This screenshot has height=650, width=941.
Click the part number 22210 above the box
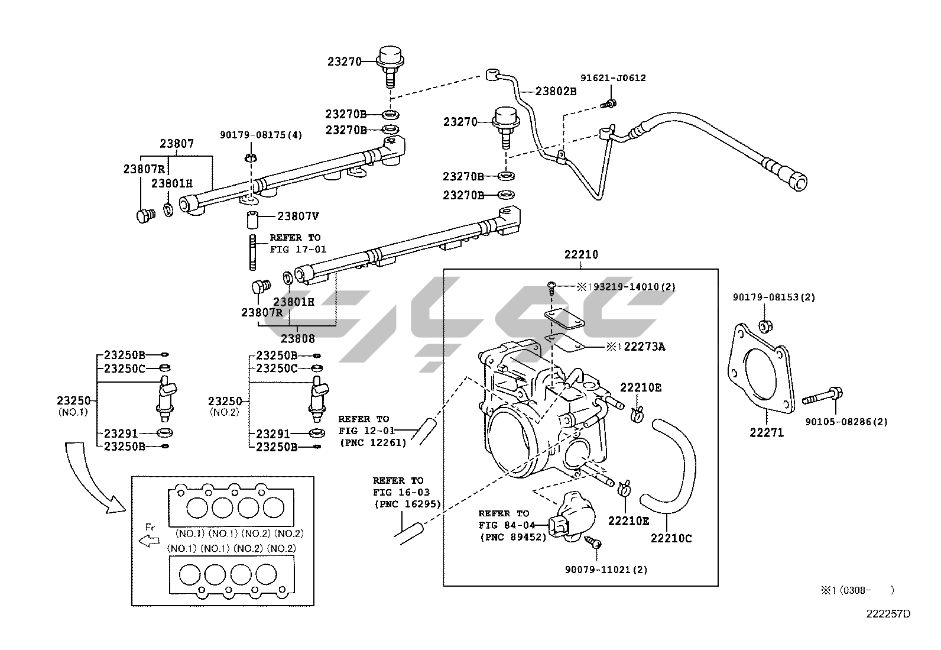[x=580, y=255]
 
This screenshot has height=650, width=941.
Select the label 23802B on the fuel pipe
[x=556, y=91]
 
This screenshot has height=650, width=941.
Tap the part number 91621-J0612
[x=612, y=77]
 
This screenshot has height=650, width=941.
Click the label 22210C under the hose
[x=671, y=538]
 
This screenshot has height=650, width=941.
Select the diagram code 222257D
[x=888, y=613]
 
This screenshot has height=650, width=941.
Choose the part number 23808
[x=297, y=339]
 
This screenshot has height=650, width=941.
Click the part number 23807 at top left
[x=176, y=143]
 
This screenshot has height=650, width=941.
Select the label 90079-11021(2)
[x=606, y=570]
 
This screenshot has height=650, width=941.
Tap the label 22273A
[x=644, y=347]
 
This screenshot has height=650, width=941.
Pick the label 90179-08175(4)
[x=261, y=135]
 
